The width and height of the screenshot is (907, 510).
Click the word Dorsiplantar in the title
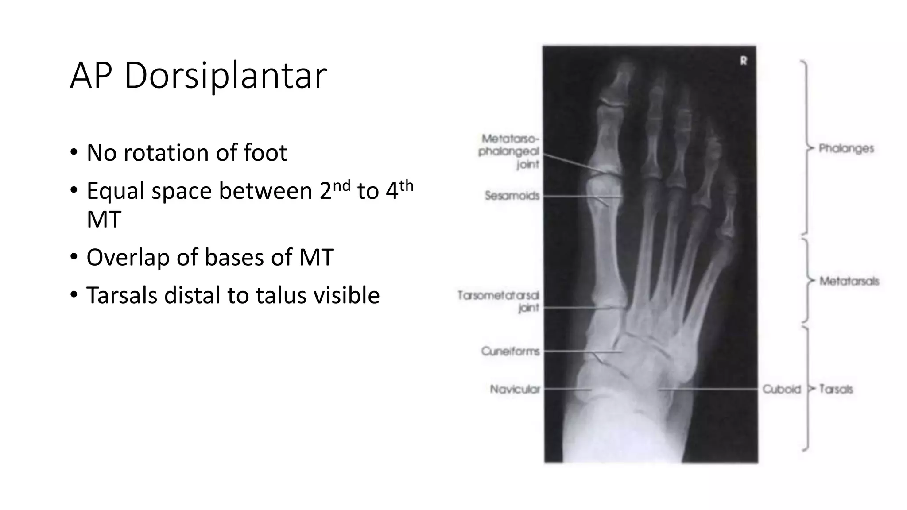[225, 76]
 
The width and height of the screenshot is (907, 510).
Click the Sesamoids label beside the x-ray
[512, 196]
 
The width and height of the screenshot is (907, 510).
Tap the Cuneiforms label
[510, 352]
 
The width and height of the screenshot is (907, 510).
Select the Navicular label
[515, 389]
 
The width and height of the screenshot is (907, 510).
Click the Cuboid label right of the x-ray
[782, 389]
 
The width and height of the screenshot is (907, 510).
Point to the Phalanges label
[846, 148]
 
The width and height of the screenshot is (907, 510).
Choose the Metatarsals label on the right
[849, 281]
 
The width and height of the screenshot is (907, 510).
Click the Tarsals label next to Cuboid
[836, 389]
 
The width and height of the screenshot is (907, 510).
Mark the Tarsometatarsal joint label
[499, 301]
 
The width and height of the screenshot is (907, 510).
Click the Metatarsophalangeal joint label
[509, 151]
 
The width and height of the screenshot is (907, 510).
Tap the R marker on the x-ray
[744, 61]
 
